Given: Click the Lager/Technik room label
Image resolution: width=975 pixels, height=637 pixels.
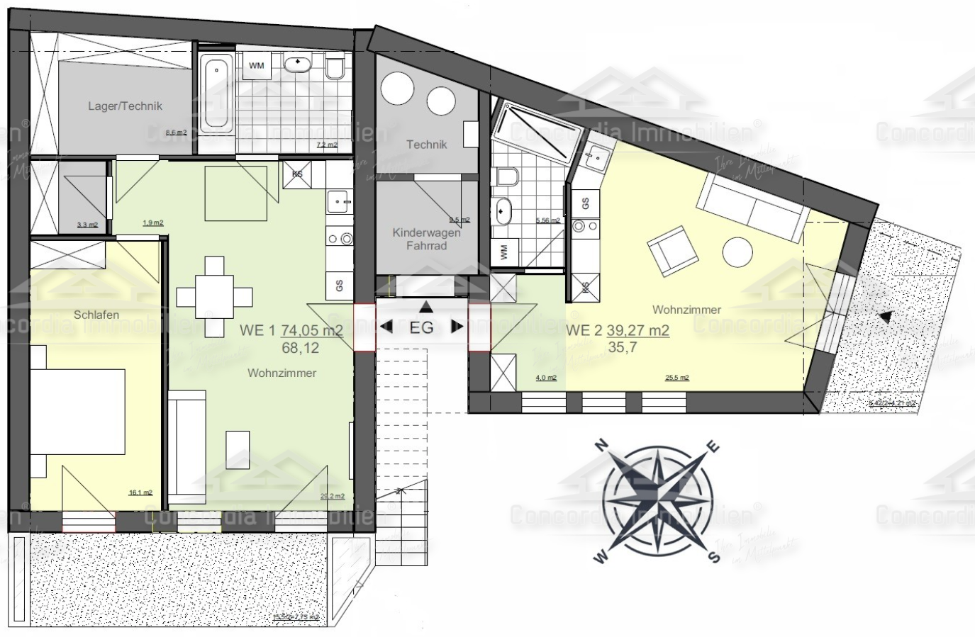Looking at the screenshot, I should [125, 106].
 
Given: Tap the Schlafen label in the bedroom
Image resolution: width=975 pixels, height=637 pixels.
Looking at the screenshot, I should [96, 315].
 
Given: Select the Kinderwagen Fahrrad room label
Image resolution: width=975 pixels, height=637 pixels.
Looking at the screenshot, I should [426, 239].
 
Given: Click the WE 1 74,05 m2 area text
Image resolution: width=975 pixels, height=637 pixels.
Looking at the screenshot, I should [291, 330].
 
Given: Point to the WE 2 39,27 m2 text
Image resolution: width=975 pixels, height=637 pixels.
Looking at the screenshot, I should [618, 330].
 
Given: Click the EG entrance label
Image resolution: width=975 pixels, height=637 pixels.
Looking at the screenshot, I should [422, 327].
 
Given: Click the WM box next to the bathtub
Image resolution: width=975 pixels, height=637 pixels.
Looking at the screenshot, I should [257, 66].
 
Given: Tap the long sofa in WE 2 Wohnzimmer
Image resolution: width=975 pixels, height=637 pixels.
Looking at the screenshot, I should [753, 203].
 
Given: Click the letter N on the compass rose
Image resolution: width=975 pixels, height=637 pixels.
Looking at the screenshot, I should [602, 446].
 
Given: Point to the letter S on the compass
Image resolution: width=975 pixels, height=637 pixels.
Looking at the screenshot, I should [715, 558].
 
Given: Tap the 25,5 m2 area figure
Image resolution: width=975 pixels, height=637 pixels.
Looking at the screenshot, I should [677, 378].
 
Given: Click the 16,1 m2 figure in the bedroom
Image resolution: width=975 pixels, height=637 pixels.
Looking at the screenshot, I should [140, 493].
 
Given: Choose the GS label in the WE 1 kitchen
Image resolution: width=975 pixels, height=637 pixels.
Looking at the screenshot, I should [339, 286].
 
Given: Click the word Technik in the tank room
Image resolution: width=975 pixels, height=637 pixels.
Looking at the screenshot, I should [427, 145].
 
